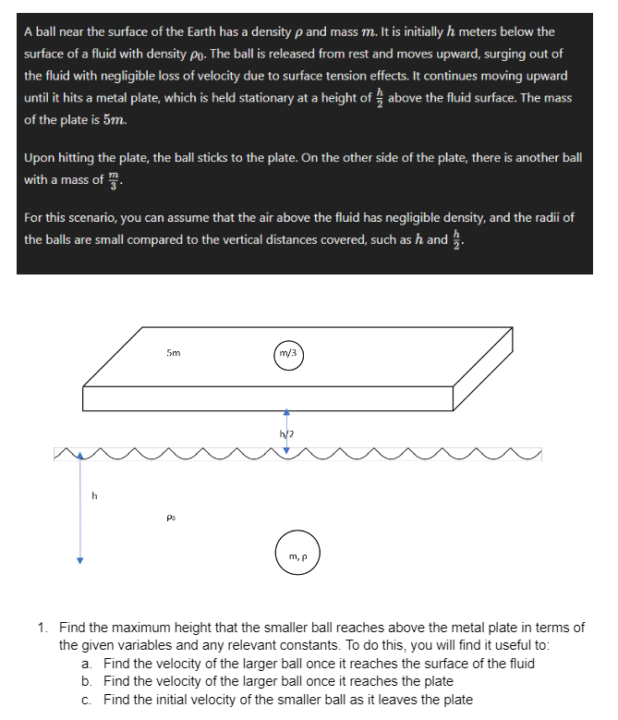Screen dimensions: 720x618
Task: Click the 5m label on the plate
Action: (173, 352)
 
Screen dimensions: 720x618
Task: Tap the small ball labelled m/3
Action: (286, 353)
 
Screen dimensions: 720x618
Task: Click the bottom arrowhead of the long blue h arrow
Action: (80, 559)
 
